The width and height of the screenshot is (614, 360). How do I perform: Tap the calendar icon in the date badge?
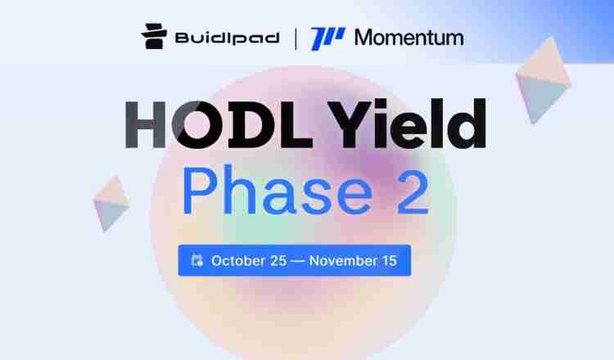[196, 261]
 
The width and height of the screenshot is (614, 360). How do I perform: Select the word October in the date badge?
[237, 261]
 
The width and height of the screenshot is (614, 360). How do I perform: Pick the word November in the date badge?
[344, 261]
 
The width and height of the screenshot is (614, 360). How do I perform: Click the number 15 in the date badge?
[390, 261]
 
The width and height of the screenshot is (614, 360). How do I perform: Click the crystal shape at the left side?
[112, 203]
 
